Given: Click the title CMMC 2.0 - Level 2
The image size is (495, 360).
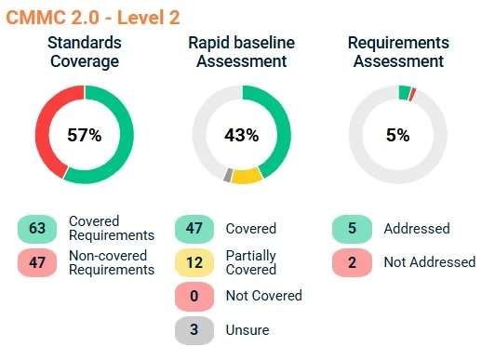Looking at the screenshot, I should click(x=93, y=17).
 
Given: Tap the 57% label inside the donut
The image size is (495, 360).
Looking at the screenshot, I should click(x=84, y=135).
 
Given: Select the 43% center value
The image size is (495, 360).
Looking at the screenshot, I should click(x=241, y=135).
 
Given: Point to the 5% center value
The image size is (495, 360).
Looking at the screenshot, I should click(x=397, y=135).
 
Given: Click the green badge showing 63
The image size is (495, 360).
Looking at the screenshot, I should click(x=37, y=229).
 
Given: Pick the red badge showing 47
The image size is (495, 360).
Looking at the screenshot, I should click(x=37, y=262).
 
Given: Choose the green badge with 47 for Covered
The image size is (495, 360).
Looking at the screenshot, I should click(x=195, y=229).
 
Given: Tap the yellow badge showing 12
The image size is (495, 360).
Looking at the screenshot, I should click(x=195, y=262).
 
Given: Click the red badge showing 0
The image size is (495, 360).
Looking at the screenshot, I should click(x=195, y=296).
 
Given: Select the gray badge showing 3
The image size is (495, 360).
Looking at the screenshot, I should click(x=195, y=329).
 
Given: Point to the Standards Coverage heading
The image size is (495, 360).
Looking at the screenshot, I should click(x=84, y=52).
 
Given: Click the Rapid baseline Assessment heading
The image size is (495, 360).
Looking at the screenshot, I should click(x=241, y=52).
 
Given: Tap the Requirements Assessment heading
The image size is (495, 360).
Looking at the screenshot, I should click(x=397, y=52).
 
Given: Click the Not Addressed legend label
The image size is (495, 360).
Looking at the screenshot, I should click(x=429, y=262).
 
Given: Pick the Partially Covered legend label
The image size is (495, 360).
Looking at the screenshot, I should click(x=251, y=262).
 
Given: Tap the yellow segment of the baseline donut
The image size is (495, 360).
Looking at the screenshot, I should click(x=246, y=176).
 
